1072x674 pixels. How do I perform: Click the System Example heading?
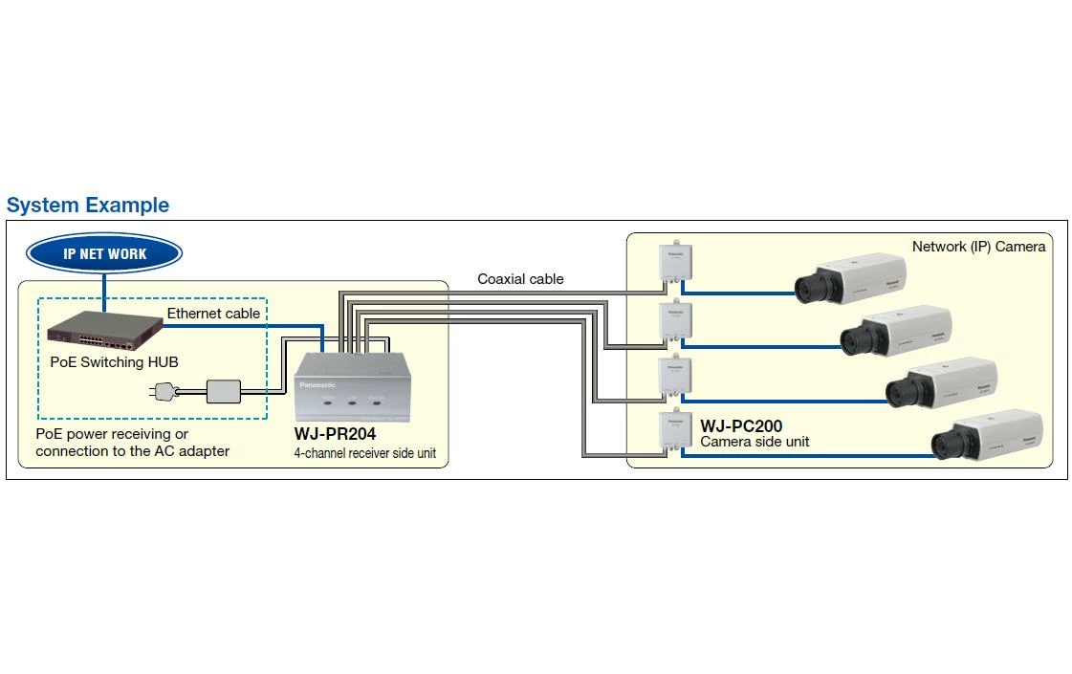(x=88, y=206)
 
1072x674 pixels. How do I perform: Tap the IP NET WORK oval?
(x=105, y=254)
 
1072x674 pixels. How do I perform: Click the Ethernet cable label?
(x=213, y=314)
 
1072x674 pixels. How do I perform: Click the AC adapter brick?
(x=224, y=390)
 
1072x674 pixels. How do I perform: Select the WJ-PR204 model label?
(x=335, y=434)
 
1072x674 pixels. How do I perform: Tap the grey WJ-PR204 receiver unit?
(x=353, y=386)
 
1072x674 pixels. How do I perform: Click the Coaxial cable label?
(x=520, y=279)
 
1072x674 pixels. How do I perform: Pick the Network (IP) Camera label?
(x=978, y=247)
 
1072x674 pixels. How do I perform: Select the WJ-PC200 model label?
(x=741, y=425)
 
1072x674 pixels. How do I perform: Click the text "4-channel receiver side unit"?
(x=364, y=453)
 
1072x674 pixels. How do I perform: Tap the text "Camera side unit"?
(x=755, y=442)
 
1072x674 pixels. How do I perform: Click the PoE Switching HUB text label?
(x=114, y=362)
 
